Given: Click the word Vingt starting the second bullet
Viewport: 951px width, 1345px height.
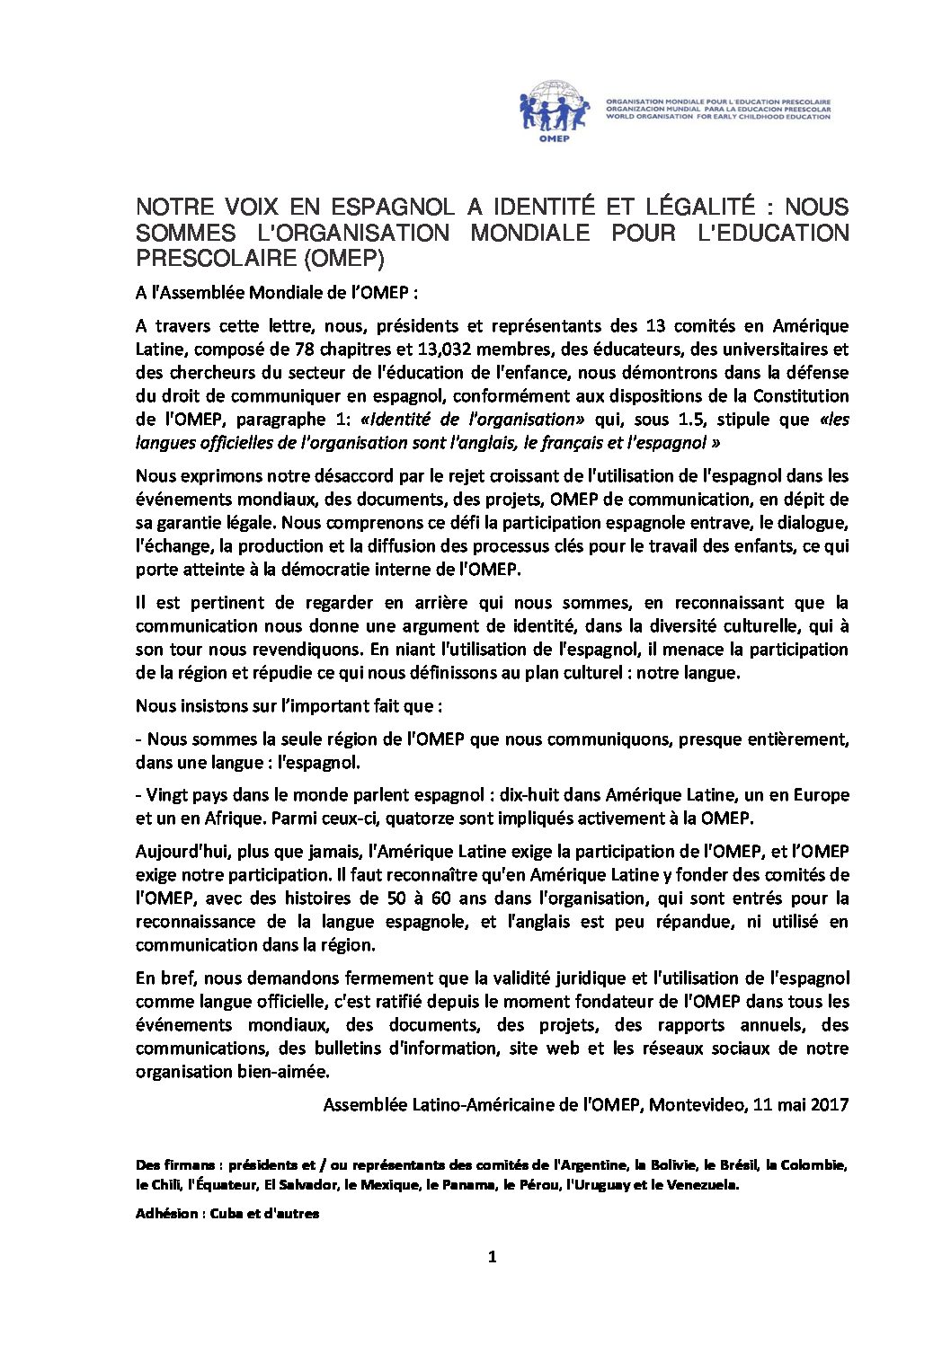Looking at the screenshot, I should click(166, 795).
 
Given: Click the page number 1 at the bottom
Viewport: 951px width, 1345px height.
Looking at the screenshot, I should click(492, 1257).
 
